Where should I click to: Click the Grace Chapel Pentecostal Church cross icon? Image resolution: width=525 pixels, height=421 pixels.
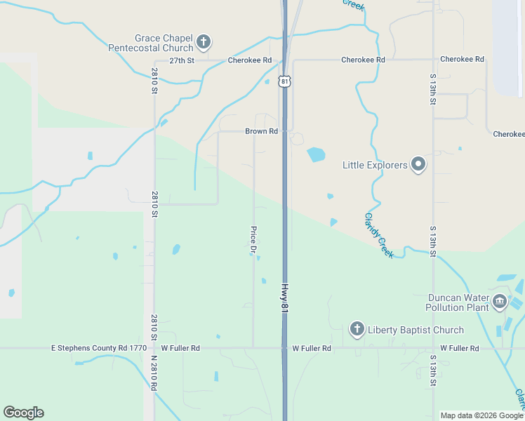204,42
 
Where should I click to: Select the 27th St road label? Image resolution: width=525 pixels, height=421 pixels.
181,60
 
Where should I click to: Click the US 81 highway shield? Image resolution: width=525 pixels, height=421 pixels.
284,81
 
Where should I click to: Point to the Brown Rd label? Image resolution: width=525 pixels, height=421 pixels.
261,131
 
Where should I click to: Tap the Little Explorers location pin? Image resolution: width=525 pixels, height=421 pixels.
418,165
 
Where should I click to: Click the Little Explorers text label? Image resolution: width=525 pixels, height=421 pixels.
375,166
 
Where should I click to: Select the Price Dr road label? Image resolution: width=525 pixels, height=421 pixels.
253,240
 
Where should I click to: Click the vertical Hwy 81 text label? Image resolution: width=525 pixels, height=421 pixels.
285,298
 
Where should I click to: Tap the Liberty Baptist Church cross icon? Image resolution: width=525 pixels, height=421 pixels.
357,329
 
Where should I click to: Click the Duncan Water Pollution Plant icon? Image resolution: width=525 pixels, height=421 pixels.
500,302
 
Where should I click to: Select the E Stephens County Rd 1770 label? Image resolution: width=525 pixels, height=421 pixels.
98,348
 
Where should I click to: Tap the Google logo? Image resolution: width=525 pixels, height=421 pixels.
23,413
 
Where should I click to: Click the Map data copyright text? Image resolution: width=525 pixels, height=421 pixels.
481,415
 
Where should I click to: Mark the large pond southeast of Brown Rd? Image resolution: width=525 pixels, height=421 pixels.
316,154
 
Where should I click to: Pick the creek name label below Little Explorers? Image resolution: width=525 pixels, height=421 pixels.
379,235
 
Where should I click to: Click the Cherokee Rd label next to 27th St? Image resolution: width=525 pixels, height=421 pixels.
249,60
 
